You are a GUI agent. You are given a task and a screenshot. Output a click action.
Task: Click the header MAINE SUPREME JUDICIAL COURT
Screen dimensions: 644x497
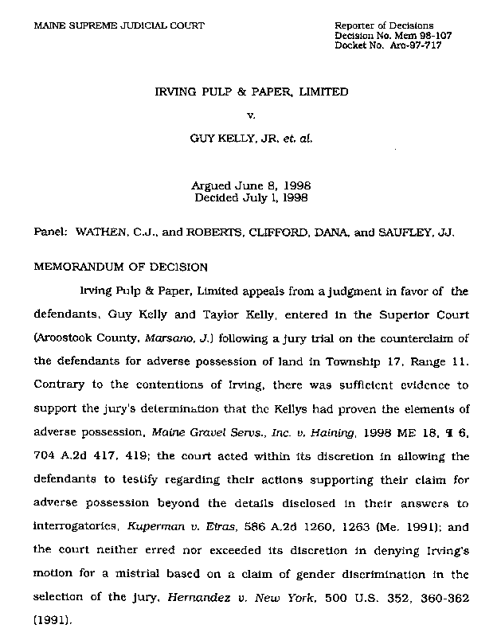pyautogui.click(x=119, y=26)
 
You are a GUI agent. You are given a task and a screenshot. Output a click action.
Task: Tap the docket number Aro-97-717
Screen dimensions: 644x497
pyautogui.click(x=417, y=45)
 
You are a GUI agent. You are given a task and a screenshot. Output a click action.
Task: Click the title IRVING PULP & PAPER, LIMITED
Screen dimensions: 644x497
pyautogui.click(x=251, y=92)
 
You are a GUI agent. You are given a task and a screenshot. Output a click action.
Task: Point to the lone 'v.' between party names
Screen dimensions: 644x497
pyautogui.click(x=251, y=115)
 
